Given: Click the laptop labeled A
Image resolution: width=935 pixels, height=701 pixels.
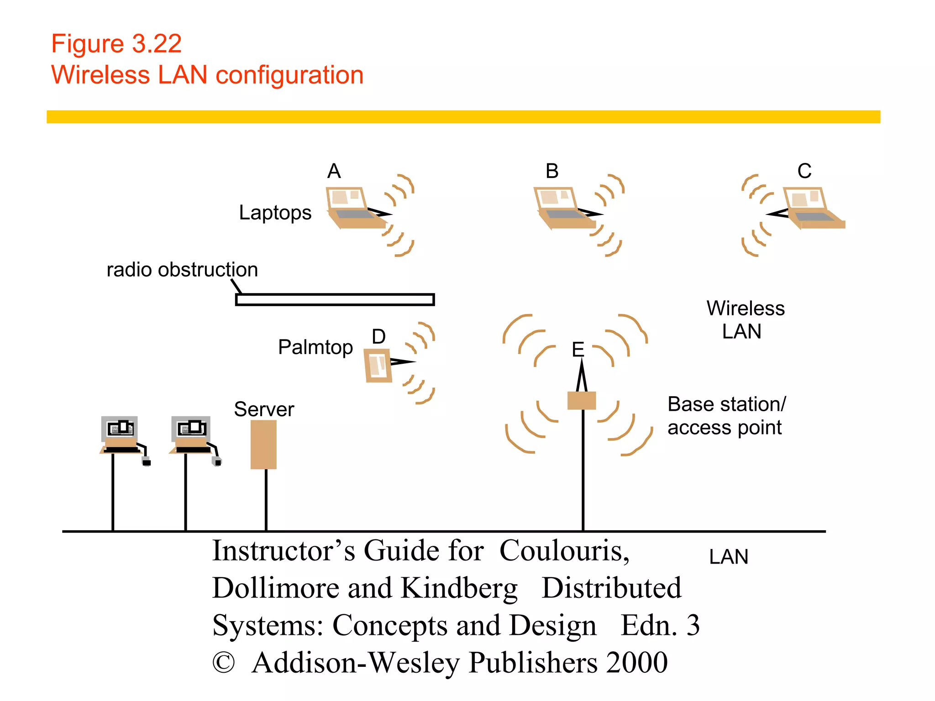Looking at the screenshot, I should [x=354, y=208].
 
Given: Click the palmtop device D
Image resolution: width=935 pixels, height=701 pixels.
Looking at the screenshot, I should [x=378, y=366].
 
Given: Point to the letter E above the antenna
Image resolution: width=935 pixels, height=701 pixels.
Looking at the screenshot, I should [x=578, y=350].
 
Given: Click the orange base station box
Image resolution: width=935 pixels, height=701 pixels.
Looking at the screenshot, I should [x=582, y=401].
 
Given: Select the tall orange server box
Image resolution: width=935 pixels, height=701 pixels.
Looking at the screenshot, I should [x=263, y=445].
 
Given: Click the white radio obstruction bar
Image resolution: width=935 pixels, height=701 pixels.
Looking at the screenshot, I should [x=335, y=300].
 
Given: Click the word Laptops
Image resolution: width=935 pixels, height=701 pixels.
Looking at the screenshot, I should [x=275, y=213].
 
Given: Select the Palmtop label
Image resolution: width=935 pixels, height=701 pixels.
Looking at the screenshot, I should [x=315, y=347].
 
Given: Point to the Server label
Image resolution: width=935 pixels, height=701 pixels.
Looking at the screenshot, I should [x=264, y=409].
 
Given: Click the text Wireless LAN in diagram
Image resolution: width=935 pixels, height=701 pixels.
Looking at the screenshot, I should [x=745, y=319].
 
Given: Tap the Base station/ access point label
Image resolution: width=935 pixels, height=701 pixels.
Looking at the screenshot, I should [x=726, y=416].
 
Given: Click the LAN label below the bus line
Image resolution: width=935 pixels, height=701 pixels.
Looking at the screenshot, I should [x=729, y=557].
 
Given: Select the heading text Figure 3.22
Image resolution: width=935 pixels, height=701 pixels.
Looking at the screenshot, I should [x=116, y=44].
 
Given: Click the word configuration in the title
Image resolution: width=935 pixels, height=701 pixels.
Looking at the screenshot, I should [x=289, y=75].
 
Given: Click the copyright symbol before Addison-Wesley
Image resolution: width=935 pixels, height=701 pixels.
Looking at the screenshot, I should [x=224, y=663].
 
